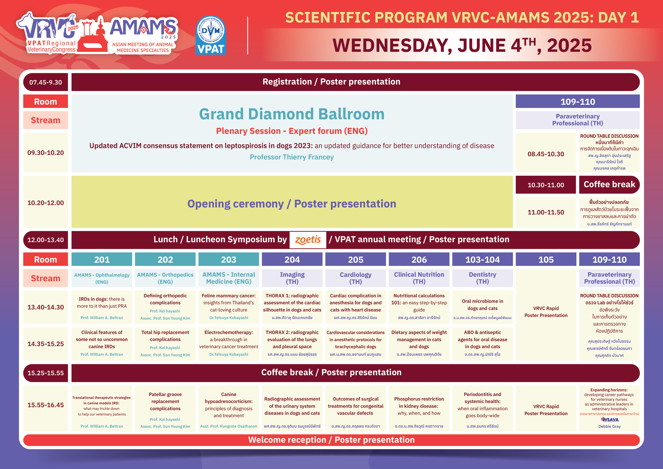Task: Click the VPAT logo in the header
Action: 211,35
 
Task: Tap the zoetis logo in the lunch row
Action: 308,240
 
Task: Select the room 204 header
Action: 292,259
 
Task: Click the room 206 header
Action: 419,259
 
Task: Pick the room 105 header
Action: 546,259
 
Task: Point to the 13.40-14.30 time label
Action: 46,307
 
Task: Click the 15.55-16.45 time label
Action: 46,405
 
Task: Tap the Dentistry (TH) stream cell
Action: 483,278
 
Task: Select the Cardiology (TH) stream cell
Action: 356,278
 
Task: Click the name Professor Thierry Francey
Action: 292,157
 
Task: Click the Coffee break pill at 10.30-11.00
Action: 609,185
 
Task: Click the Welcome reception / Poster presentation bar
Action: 331,440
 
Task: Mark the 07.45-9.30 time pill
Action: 46,82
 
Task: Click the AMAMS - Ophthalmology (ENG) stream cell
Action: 102,278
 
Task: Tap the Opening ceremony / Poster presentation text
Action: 292,204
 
